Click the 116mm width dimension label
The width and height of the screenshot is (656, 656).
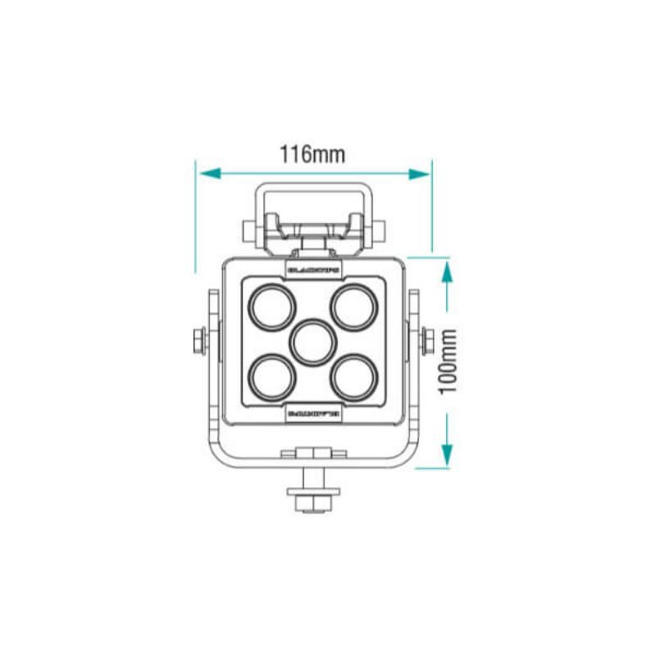tap(312, 153)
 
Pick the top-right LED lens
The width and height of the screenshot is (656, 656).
tap(354, 306)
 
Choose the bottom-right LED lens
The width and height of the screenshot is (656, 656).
tap(354, 377)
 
